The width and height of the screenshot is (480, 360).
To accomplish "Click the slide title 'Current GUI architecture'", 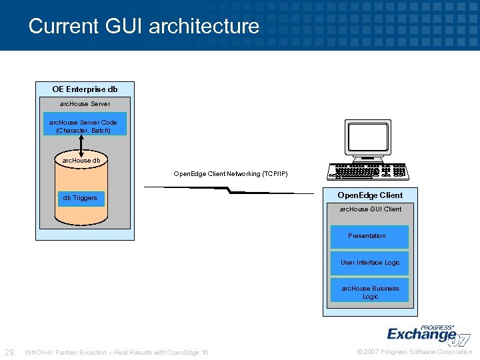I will (x=144, y=26).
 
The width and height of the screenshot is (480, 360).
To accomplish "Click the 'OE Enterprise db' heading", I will (x=85, y=89).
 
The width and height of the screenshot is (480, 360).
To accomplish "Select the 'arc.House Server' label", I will (x=85, y=104).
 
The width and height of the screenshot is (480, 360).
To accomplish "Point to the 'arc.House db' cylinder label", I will (x=81, y=161).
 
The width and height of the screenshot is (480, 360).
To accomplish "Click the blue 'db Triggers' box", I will (x=81, y=197).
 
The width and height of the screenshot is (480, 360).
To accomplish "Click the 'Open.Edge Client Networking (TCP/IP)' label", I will (x=231, y=174).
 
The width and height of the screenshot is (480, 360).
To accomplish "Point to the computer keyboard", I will (x=369, y=172).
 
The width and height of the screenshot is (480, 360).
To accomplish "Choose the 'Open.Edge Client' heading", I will (x=370, y=195).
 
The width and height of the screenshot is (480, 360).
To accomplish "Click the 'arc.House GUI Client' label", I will (x=371, y=209).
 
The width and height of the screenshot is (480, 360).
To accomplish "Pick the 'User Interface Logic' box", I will (x=370, y=263).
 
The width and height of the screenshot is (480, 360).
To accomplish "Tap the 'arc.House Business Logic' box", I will (x=370, y=292).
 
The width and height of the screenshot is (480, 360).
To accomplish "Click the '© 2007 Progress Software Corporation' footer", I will (x=415, y=352).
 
